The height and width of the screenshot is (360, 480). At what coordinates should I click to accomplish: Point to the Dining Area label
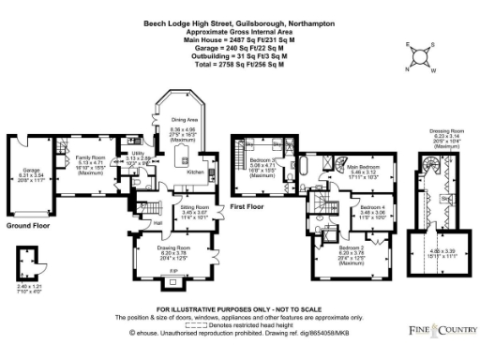tap(183, 120)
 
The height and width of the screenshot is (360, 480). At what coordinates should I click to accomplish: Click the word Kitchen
tap(195, 172)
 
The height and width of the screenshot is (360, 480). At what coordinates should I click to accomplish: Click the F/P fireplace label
tap(172, 271)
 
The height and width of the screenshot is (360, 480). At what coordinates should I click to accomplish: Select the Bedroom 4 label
tap(373, 207)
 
